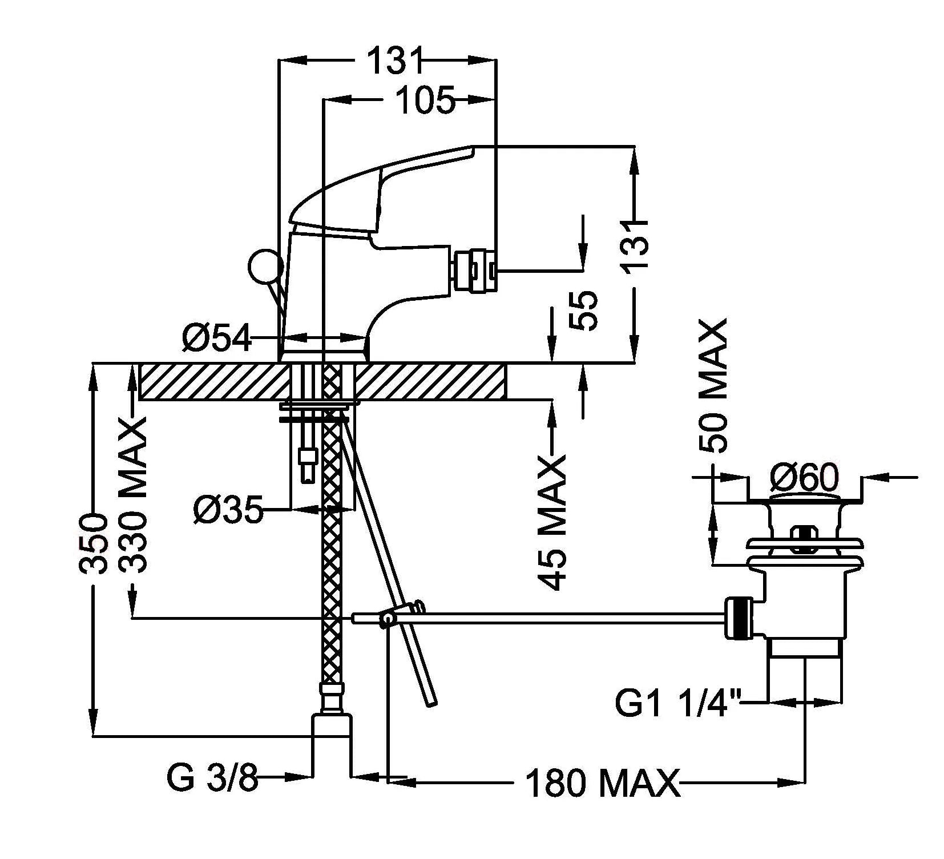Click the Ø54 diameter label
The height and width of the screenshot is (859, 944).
(x=217, y=340)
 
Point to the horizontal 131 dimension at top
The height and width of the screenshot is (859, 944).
(x=394, y=60)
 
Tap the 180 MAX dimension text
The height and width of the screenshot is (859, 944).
(x=603, y=784)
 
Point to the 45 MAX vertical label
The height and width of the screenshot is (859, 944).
(x=552, y=522)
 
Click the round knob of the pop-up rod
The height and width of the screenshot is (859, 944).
(x=265, y=266)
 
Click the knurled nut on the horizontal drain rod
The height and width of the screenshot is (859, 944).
(x=739, y=618)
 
